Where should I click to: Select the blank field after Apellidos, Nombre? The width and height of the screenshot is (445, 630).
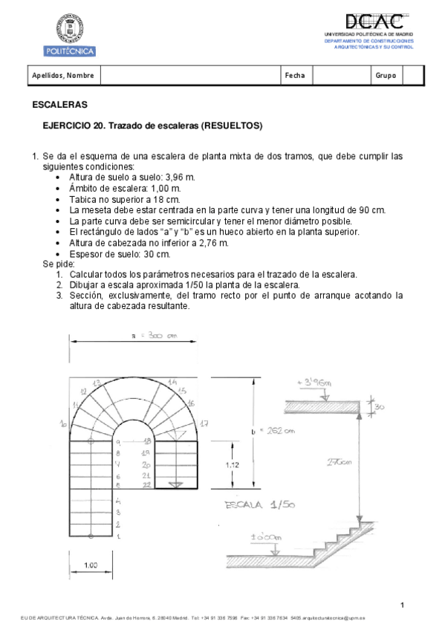pyautogui.click(x=189, y=75)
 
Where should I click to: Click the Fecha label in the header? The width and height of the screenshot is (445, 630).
pyautogui.click(x=294, y=75)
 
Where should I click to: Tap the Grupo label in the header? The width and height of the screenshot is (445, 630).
pyautogui.click(x=386, y=75)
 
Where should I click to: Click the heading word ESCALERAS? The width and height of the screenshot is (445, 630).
pyautogui.click(x=59, y=105)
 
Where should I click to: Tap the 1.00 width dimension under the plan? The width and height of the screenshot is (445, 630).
pyautogui.click(x=91, y=566)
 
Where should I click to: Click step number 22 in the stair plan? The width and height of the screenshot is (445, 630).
pyautogui.click(x=147, y=484)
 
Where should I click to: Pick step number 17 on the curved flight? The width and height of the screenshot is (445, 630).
pyautogui.click(x=204, y=423)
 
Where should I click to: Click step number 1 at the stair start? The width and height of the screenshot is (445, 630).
pyautogui.click(x=118, y=535)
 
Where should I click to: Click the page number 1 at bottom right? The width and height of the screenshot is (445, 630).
pyautogui.click(x=401, y=605)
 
